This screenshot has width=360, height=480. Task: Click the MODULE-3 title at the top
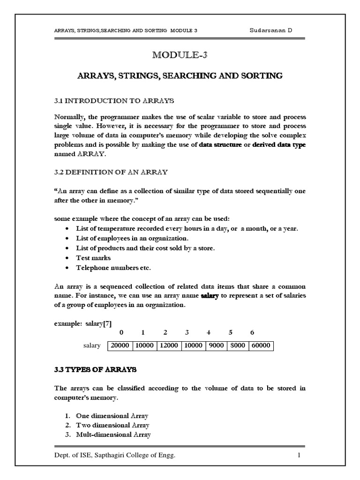[180, 55]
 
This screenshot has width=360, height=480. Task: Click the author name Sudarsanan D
[271, 30]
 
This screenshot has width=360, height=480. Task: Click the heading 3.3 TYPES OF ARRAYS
[96, 369]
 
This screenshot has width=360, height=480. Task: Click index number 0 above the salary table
[121, 332]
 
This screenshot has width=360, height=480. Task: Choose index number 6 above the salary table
[252, 332]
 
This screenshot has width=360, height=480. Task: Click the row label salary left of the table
[92, 346]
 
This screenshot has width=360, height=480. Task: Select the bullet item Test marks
[93, 258]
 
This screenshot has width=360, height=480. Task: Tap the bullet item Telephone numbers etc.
[113, 268]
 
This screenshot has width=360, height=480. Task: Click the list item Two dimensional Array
[112, 425]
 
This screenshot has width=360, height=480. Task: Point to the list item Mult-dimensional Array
[113, 435]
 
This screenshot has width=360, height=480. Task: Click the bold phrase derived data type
[279, 145]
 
